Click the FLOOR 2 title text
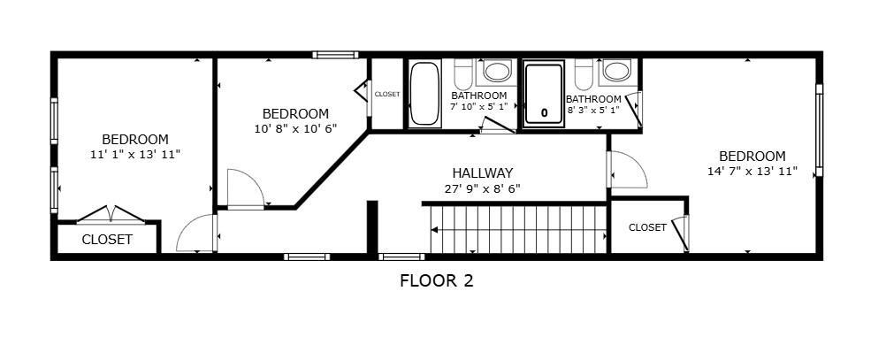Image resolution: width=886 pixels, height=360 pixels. coord(436,280)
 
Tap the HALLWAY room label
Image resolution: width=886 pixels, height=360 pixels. coord(482,173)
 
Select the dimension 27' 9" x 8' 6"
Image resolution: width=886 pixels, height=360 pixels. coord(482,188)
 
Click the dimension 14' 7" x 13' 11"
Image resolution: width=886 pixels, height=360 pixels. coord(752,172)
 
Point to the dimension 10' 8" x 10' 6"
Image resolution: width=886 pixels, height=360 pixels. coord(295,128)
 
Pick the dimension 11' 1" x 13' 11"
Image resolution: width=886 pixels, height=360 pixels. coord(135,154)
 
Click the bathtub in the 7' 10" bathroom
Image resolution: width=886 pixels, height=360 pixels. coord(424,93)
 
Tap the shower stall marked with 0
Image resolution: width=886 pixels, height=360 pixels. coord(544,94)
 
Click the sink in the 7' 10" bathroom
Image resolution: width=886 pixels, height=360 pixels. coord(497,72)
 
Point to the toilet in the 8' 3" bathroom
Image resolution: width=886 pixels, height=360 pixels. coord(584,74)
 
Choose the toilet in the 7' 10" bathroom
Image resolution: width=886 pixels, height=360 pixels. coord(463,74)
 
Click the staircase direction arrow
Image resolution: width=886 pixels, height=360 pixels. coord(517,229)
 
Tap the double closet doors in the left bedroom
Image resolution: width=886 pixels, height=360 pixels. coord(111,214)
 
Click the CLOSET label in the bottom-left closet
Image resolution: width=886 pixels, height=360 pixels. coord(107,240)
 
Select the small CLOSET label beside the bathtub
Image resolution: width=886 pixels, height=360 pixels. coord(387,95)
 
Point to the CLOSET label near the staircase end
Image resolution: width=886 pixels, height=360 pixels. coord(647,227)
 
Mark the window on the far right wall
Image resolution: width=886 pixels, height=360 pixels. coord(819,130)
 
